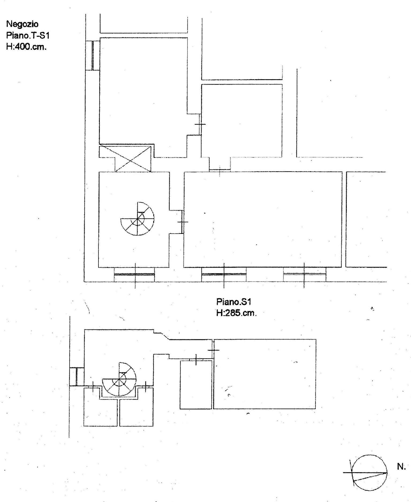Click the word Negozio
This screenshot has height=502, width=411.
(x=22, y=24)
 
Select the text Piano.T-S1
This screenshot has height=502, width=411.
(x=28, y=36)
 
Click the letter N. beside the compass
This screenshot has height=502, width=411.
(x=401, y=467)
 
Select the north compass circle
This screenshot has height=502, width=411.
(x=369, y=473)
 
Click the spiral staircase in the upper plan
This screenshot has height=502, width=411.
(x=137, y=219)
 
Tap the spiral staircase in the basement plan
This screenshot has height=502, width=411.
(x=119, y=379)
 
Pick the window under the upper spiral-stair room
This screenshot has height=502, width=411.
(x=134, y=275)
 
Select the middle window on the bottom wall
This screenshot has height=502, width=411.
(x=224, y=274)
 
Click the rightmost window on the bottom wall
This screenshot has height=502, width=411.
(x=305, y=274)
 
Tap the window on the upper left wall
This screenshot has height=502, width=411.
(x=93, y=55)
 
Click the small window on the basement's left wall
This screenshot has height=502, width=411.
(x=77, y=377)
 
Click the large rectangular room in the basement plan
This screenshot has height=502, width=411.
(x=265, y=374)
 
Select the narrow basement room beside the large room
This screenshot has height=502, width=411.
(x=196, y=385)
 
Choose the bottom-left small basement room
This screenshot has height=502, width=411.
(x=100, y=407)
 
